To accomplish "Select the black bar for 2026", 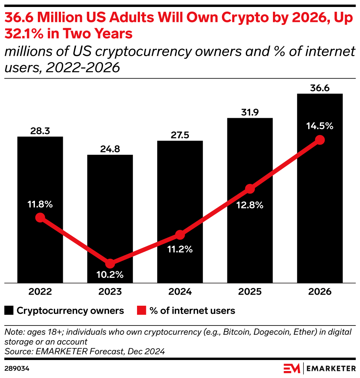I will (320, 220).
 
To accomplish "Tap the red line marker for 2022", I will (40, 218).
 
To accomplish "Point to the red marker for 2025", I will (250, 189).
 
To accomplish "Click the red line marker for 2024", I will (180, 235).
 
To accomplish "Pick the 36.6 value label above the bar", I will (320, 88).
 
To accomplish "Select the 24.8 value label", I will (110, 149).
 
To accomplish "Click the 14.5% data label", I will (320, 126).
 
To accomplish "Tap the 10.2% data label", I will (110, 275).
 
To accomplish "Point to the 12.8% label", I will (250, 205).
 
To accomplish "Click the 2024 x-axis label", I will (180, 292).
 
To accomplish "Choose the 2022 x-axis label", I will (40, 292).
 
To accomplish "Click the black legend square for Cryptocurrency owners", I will (9, 311).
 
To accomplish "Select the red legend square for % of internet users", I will (141, 311).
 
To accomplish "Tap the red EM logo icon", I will (292, 368).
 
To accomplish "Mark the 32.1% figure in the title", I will (26, 34).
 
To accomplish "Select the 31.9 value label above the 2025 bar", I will (250, 112).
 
